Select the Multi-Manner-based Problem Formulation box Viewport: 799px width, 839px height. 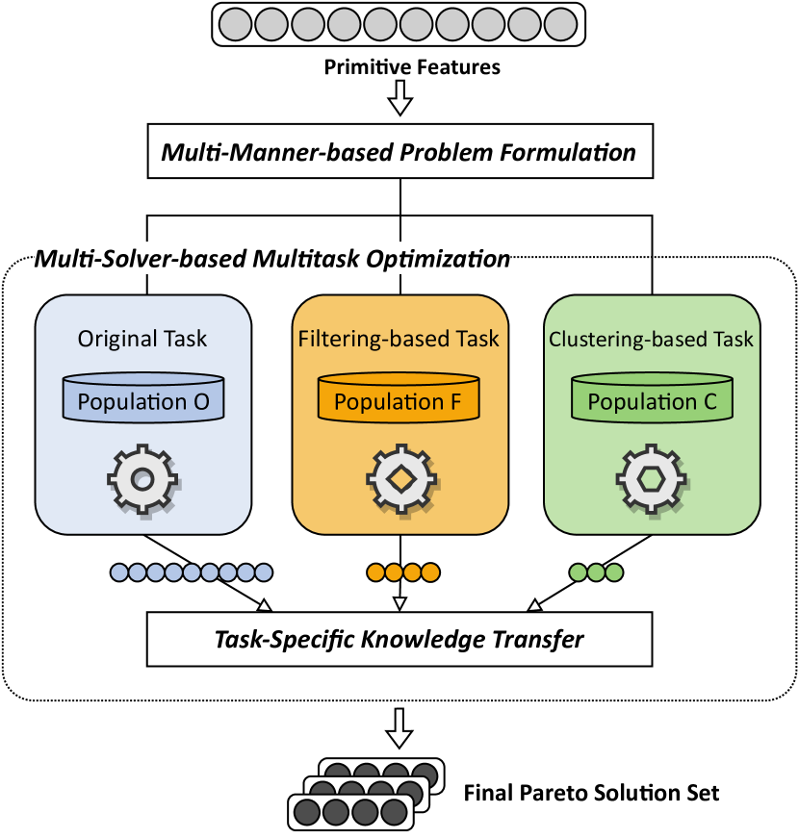(399, 152)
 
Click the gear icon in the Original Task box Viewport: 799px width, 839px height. (142, 477)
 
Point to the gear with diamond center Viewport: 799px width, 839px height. (399, 477)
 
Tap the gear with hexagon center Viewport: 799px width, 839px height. (653, 477)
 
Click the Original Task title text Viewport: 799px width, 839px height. (142, 339)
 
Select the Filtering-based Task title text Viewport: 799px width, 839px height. (399, 339)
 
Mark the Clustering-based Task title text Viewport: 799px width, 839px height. (652, 339)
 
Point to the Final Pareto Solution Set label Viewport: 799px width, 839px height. (591, 794)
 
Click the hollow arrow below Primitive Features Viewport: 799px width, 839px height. (399, 97)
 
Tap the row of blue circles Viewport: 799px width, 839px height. (191, 573)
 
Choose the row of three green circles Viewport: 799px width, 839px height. (596, 573)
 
